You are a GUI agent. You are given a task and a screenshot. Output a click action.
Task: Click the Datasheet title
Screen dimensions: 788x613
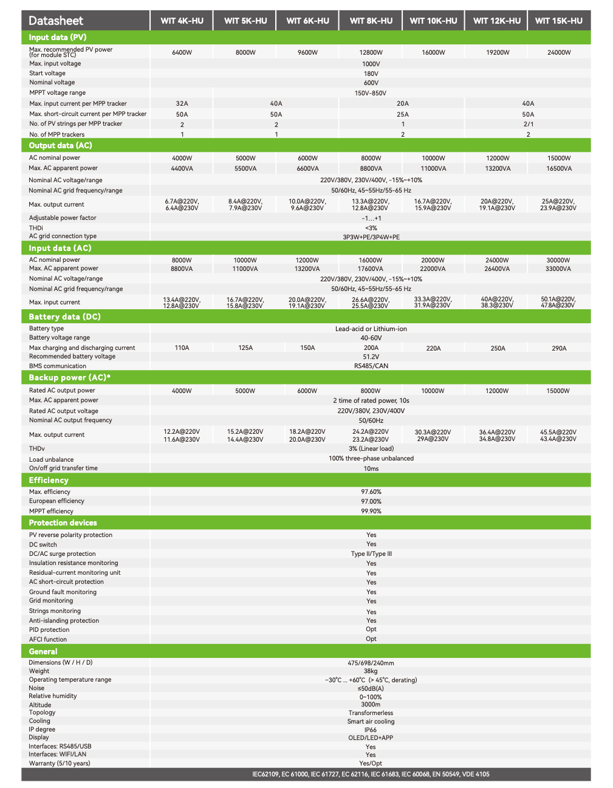[56, 21]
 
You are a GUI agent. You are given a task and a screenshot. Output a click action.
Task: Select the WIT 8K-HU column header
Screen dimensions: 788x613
[371, 21]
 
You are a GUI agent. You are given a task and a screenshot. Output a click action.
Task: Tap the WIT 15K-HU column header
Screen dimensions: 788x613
[558, 21]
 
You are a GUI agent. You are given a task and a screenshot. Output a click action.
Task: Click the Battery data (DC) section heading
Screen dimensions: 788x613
[64, 317]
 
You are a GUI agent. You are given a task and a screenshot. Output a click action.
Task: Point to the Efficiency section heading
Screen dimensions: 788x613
[49, 480]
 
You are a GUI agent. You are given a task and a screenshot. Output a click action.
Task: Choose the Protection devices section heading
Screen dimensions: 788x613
[63, 522]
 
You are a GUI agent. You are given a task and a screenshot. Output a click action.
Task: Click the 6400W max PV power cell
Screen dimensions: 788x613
[182, 52]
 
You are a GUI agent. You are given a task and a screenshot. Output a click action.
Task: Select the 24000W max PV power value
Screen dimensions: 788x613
[559, 52]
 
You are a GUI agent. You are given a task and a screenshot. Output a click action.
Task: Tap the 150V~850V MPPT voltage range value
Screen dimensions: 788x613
[371, 93]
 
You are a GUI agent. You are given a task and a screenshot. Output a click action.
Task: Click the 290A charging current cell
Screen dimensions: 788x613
[559, 348]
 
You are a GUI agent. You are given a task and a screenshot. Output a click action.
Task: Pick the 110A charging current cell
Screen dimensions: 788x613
[182, 348]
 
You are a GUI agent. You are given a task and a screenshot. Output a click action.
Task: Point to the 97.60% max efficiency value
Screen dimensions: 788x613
[371, 492]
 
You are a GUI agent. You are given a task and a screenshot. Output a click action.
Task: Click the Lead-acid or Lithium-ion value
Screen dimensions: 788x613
[371, 329]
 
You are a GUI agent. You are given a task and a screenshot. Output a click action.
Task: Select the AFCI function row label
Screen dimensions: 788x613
[48, 639]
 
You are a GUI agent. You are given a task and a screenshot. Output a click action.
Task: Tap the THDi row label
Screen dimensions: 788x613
[36, 228]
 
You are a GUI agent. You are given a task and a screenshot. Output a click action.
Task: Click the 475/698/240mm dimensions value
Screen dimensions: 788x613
[371, 663]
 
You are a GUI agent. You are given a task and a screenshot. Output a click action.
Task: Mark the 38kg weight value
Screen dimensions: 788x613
[371, 671]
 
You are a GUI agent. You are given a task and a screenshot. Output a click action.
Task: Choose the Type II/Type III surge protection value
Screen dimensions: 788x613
[371, 554]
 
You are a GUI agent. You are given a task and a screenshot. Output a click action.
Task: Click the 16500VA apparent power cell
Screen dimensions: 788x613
[558, 168]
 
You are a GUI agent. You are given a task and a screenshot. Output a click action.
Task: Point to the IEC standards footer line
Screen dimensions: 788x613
[371, 774]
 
